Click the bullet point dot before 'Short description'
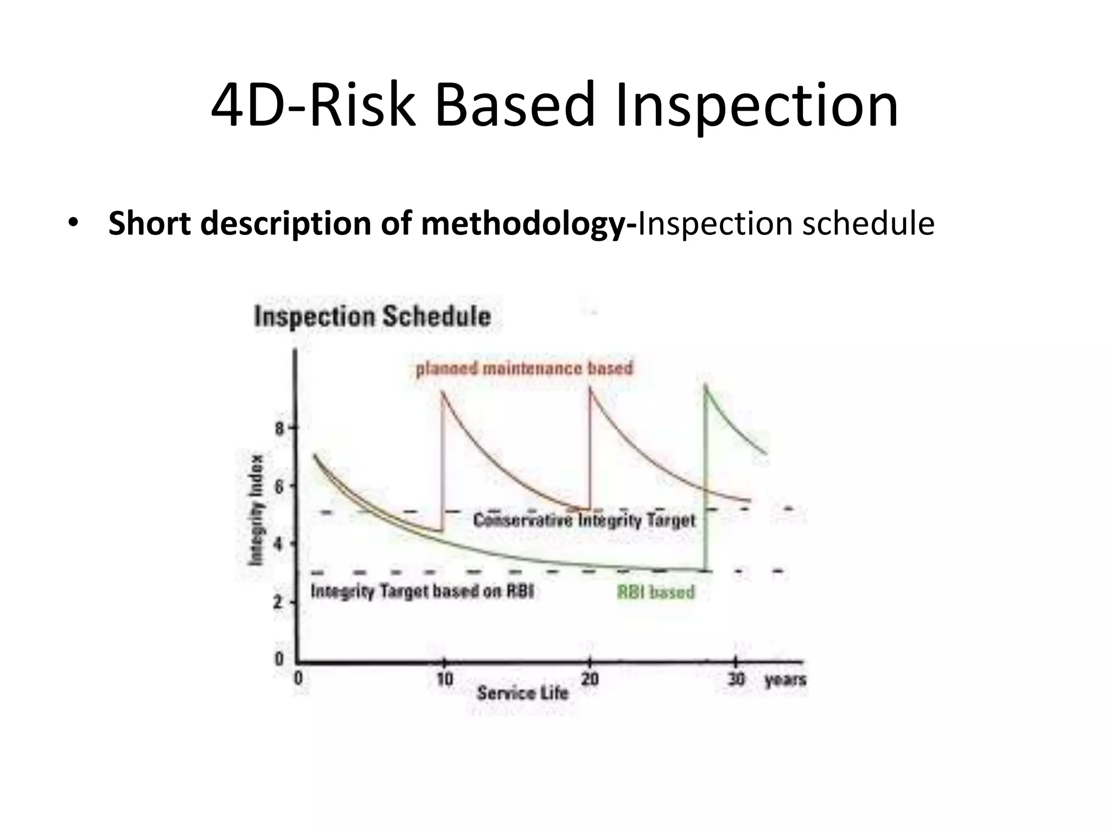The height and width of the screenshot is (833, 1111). [x=73, y=223]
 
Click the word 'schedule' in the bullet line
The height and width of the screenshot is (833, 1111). [x=869, y=223]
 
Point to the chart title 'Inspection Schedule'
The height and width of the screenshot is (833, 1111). [x=373, y=317]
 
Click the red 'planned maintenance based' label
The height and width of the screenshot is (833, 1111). [x=524, y=369]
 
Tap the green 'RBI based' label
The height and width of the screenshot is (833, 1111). [x=656, y=592]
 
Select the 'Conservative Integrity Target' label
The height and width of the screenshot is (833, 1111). [x=584, y=521]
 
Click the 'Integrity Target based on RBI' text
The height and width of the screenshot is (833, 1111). [x=422, y=591]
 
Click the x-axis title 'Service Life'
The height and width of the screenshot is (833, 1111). [x=522, y=693]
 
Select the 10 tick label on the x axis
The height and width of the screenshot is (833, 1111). [x=444, y=678]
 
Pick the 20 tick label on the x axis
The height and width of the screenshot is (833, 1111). [x=590, y=678]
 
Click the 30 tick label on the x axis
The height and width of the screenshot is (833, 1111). [x=736, y=678]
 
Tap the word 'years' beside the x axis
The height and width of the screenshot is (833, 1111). [x=785, y=680]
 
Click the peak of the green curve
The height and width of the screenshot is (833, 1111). [x=705, y=385]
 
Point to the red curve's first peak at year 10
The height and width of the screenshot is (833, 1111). [x=443, y=392]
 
